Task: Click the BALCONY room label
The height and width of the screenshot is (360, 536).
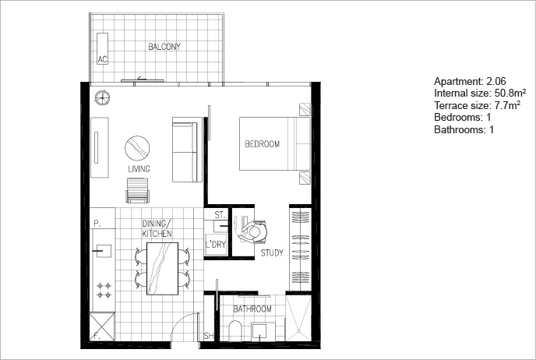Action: [164, 47]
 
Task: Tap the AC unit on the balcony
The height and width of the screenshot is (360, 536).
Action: [101, 58]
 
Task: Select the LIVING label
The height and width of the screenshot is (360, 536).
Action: [139, 169]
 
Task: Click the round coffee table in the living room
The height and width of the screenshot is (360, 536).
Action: [137, 146]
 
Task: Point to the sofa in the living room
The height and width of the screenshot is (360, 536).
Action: [185, 148]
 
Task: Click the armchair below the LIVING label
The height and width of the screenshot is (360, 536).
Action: [137, 189]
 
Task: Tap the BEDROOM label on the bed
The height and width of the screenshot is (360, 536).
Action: [262, 145]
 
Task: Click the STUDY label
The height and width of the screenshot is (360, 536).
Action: [272, 252]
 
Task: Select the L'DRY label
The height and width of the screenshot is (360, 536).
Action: [214, 245]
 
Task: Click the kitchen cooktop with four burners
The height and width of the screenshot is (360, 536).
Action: [103, 291]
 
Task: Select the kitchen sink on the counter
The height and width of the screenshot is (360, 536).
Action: [102, 251]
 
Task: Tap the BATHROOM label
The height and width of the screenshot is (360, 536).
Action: [252, 309]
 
